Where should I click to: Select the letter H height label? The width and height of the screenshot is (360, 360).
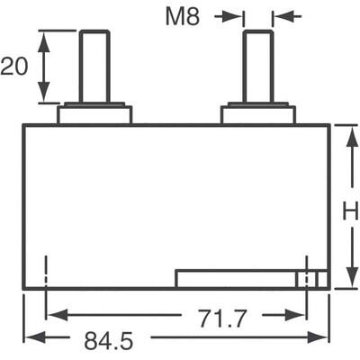coord(350,211)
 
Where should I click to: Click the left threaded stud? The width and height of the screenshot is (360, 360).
coord(94,67)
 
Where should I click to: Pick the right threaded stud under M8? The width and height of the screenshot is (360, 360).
coord(257,67)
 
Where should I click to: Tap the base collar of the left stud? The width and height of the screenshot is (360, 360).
coord(94,114)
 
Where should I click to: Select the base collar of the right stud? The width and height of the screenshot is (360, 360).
coord(258,114)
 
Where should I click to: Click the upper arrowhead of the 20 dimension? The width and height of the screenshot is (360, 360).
coord(42,37)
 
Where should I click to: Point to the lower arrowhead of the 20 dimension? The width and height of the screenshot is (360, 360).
coord(42,96)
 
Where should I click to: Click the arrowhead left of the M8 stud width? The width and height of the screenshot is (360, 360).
coord(237,16)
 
